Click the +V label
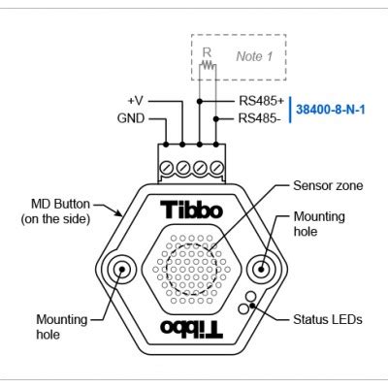[135, 100]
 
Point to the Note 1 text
[255, 56]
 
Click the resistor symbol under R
[207, 68]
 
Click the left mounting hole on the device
[124, 269]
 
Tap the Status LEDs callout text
[327, 319]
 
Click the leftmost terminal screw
[166, 168]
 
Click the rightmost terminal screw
[216, 168]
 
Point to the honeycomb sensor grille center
[191, 269]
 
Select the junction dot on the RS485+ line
[200, 100]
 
